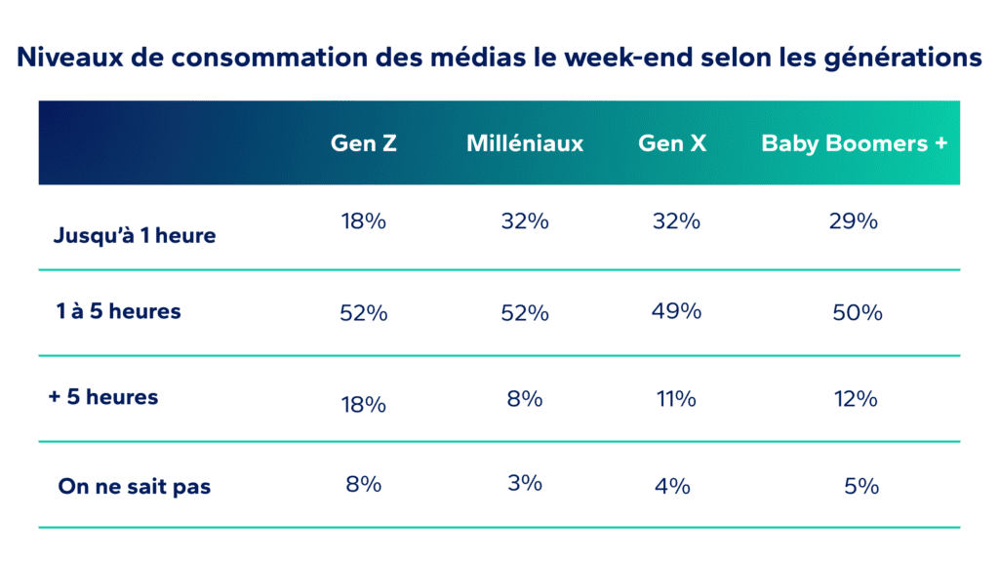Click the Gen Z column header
tap(364, 143)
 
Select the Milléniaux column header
tap(525, 143)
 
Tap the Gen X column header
tap(672, 143)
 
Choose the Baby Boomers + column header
tap(855, 143)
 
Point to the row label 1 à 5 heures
tap(118, 312)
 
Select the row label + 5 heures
tap(103, 398)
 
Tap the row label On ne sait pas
tap(134, 486)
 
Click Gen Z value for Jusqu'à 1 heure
tap(364, 221)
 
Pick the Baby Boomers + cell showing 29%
tap(854, 221)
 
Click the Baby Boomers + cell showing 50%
tap(858, 313)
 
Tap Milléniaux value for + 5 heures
tap(524, 399)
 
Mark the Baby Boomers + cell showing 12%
tap(855, 399)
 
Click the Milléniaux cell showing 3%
tap(524, 483)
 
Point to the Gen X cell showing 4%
tap(673, 485)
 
